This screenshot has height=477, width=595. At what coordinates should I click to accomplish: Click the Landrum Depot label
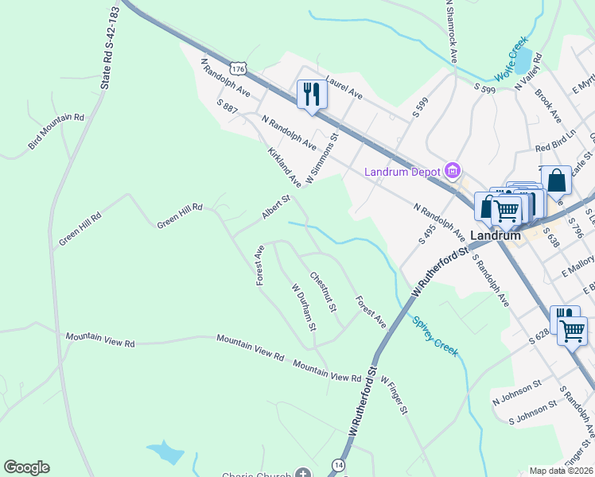click(x=404, y=173)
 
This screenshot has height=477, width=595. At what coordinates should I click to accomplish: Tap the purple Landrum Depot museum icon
click(x=453, y=170)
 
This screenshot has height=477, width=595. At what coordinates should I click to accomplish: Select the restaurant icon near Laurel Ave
click(x=311, y=95)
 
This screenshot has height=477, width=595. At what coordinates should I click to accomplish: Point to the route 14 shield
click(x=340, y=464)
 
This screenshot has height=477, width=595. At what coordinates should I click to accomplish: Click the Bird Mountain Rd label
click(x=56, y=130)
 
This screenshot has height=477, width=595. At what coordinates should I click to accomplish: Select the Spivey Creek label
click(x=435, y=336)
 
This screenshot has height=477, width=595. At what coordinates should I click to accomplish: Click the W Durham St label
click(x=304, y=308)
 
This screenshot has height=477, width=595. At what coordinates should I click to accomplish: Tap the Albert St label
click(x=276, y=207)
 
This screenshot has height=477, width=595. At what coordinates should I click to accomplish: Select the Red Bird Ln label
click(x=555, y=148)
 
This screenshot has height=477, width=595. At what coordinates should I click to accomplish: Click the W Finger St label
click(x=394, y=395)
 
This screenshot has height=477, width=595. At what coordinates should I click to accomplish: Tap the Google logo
click(x=26, y=467)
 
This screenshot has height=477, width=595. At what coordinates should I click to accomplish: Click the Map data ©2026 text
click(x=561, y=471)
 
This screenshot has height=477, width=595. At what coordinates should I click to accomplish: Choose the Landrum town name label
click(x=495, y=235)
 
